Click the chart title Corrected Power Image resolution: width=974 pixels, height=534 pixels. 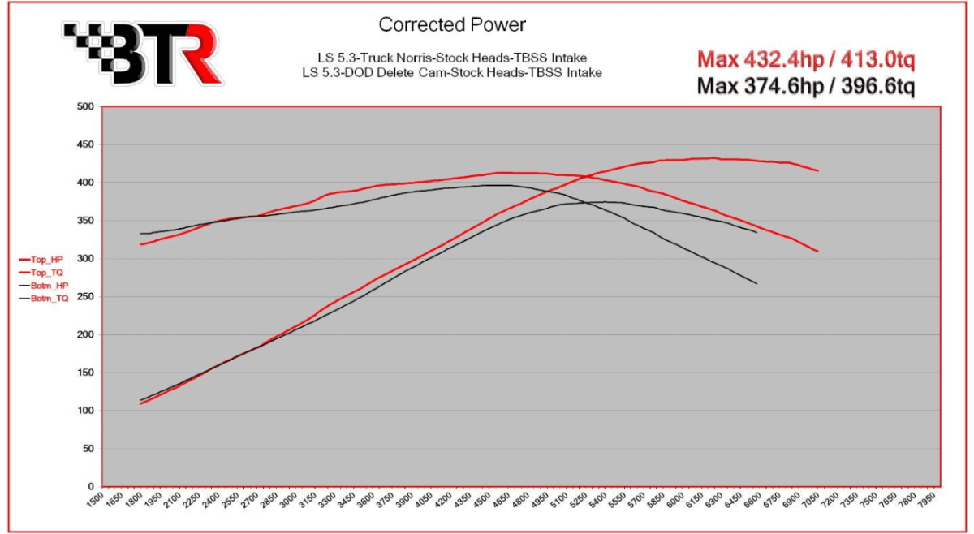click(452, 25)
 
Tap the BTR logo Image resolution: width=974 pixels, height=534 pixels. click(143, 53)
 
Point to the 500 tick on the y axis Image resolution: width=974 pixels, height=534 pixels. click(84, 106)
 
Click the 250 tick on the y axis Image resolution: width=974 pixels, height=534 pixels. click(84, 297)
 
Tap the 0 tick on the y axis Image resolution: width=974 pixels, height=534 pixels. click(90, 486)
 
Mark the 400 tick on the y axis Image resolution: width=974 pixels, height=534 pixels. click(84, 183)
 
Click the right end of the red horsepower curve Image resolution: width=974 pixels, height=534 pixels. click(817, 170)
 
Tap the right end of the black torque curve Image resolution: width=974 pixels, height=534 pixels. click(756, 283)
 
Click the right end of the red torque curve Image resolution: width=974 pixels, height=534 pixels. click(817, 251)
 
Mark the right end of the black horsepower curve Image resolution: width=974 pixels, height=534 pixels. click(756, 232)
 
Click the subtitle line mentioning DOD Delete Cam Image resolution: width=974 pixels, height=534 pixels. click(459, 73)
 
